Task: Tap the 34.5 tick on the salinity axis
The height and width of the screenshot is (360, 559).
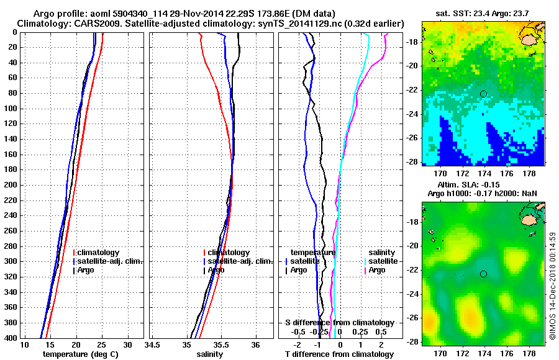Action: [152, 344]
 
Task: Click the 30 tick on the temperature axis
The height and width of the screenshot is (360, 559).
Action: [127, 344]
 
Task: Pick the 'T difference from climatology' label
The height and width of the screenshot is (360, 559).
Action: [339, 354]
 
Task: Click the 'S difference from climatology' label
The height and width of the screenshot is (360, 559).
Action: [339, 323]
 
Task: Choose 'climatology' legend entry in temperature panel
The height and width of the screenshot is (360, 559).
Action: [99, 253]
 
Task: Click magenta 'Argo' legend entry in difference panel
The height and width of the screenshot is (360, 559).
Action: [377, 270]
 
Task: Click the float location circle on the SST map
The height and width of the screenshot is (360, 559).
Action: [484, 94]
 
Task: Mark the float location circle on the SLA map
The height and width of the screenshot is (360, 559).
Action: [484, 274]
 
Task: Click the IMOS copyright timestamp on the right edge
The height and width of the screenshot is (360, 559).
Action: [552, 286]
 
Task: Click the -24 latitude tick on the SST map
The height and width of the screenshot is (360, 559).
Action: [411, 114]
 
